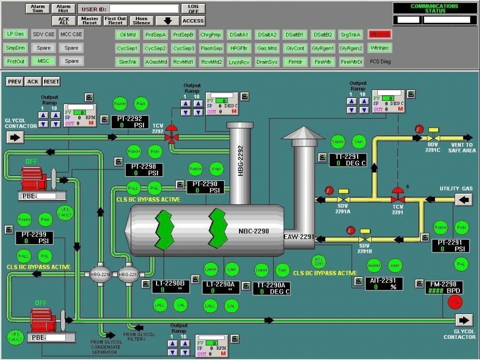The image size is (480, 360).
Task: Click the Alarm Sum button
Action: click(x=37, y=8)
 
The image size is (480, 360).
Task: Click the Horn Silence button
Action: click(x=142, y=21)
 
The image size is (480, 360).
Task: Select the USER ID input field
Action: click(x=144, y=9)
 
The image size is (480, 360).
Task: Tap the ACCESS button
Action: click(x=193, y=21)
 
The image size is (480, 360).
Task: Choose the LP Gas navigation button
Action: click(x=15, y=34)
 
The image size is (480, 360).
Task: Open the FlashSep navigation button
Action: click(x=211, y=48)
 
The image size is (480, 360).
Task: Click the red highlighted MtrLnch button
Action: click(x=380, y=34)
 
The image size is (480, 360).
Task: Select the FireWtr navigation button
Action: click(x=323, y=61)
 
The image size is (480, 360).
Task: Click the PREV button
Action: click(x=14, y=82)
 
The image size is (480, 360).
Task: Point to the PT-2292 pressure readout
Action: click(x=130, y=122)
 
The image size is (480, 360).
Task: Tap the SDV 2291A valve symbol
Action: click(x=343, y=198)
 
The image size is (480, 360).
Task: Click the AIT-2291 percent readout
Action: click(x=384, y=284)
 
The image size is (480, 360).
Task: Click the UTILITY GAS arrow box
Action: click(x=463, y=200)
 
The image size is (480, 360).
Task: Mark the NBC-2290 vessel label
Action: click(x=253, y=231)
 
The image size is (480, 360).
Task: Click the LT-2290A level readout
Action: click(x=220, y=287)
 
